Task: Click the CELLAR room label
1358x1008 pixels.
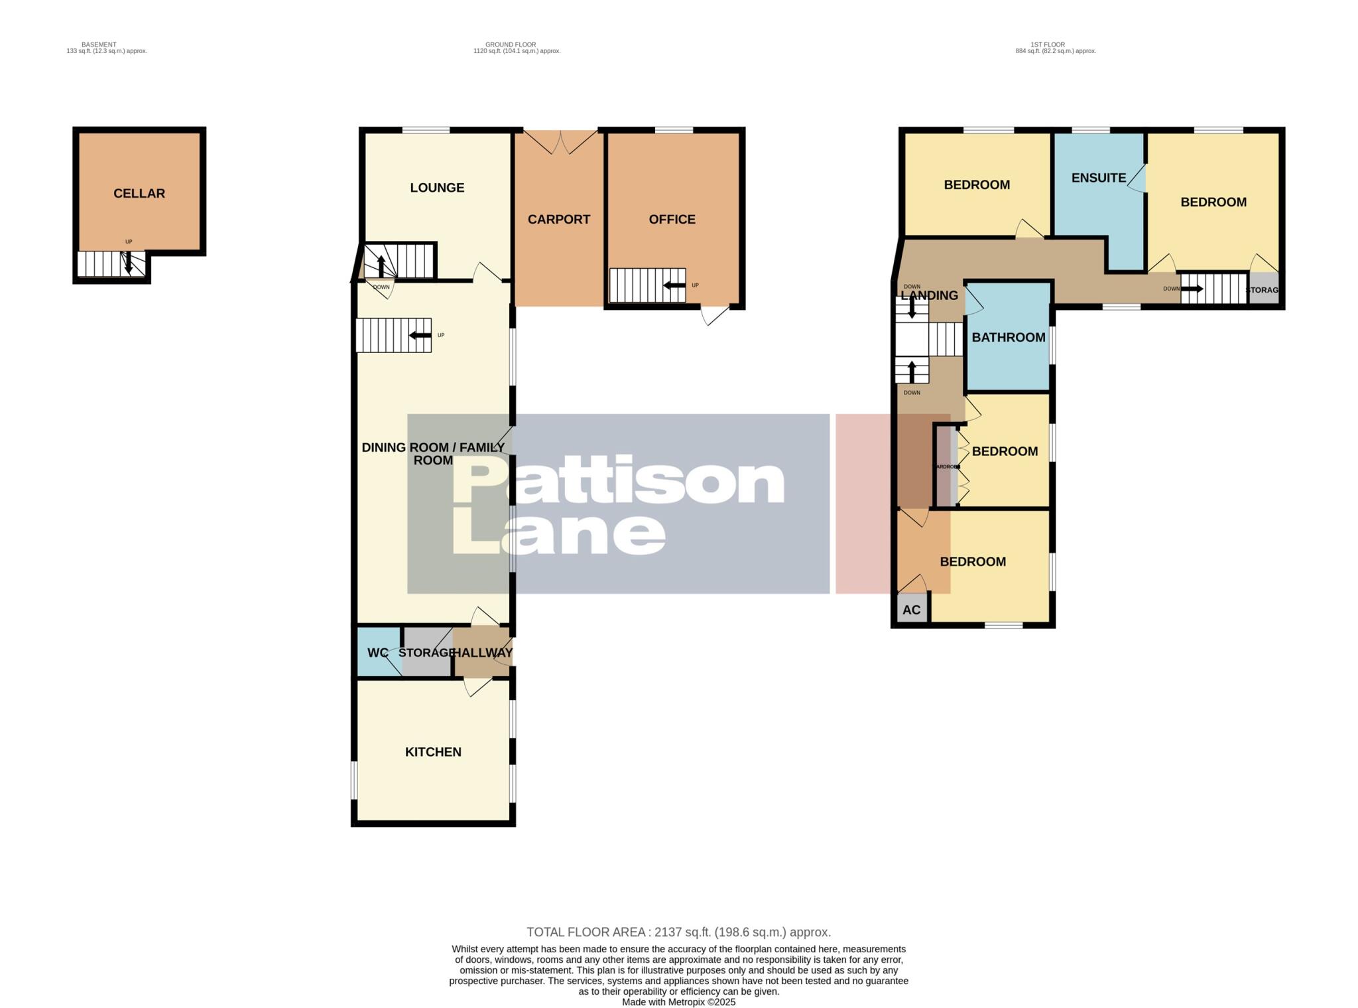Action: (139, 194)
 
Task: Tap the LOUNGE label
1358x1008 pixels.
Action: (437, 188)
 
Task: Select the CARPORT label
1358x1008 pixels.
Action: (559, 220)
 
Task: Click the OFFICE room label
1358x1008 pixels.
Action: (672, 220)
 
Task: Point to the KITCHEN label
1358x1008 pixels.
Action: (433, 752)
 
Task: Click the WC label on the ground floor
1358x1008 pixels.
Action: (377, 653)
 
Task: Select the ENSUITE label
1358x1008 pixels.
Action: (1099, 178)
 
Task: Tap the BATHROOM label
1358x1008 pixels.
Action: (1008, 337)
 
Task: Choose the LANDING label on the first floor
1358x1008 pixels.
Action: (929, 296)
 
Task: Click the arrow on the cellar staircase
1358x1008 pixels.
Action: (128, 263)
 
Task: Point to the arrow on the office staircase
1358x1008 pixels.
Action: (675, 285)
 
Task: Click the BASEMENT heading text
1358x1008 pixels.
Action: (99, 44)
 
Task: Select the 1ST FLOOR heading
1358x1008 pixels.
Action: (1048, 44)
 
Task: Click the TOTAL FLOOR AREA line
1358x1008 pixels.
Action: (678, 932)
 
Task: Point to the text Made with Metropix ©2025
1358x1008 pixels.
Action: (678, 1002)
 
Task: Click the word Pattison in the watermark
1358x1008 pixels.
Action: (618, 482)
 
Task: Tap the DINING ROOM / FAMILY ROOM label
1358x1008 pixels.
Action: (433, 454)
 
